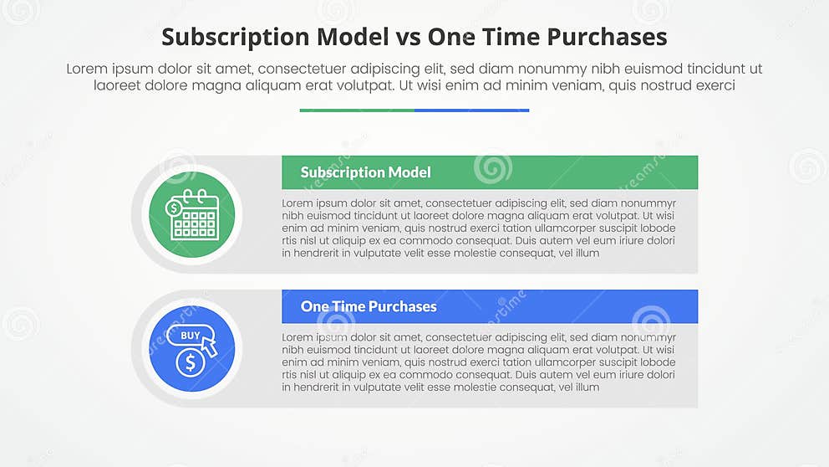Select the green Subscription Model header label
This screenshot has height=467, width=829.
pos(366,172)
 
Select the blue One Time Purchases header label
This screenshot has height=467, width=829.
pos(369,306)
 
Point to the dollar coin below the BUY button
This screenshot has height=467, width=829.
pos(191,362)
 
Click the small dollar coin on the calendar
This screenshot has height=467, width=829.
pos(174,208)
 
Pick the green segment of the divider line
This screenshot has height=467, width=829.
pos(357,110)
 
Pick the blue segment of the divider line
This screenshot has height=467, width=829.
pos(471,110)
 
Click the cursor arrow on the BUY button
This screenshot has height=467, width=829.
pos(209,346)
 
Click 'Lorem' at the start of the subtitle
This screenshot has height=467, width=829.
pos(87,69)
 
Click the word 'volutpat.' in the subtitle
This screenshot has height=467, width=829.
pos(368,85)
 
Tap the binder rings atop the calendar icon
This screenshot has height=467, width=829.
pos(195,194)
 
